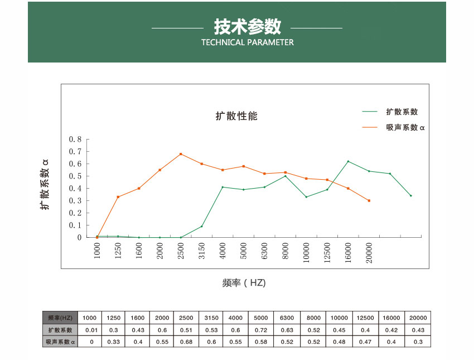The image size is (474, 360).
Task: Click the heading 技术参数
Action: (247, 26)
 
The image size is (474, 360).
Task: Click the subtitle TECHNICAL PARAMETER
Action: (247, 42)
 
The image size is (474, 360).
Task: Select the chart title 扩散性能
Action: (236, 116)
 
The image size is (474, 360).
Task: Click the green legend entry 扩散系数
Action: (402, 112)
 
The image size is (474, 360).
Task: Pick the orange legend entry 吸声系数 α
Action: (405, 127)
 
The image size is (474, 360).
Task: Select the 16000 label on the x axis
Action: (348, 253)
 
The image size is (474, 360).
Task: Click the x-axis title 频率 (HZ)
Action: (244, 283)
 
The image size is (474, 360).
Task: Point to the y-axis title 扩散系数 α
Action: (45, 184)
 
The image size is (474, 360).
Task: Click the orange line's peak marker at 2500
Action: (181, 154)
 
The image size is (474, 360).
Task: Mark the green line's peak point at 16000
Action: (348, 161)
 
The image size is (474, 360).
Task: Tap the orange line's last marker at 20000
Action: (369, 200)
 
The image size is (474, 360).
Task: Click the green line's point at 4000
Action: (223, 187)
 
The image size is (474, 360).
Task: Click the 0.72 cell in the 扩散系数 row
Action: (260, 330)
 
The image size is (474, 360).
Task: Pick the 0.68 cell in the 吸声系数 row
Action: (186, 342)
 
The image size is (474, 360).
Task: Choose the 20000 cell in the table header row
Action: (417, 318)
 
